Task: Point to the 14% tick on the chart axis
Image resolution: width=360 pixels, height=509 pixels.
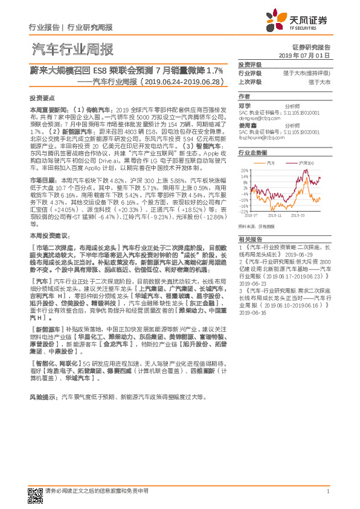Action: click(245, 176)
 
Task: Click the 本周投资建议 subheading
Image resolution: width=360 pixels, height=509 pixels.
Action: click(47, 233)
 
